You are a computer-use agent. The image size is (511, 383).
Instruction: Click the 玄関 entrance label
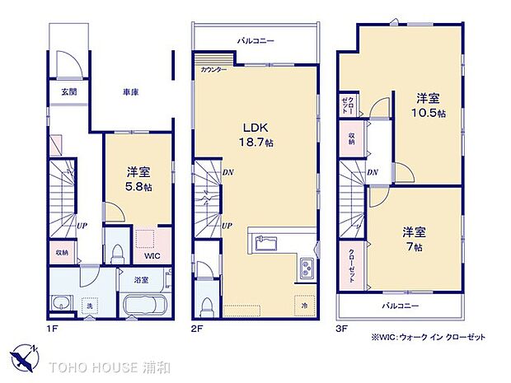coord(68,91)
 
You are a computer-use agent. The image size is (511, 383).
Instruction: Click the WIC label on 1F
coord(152,255)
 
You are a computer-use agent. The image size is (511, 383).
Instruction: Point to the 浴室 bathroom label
coord(141,280)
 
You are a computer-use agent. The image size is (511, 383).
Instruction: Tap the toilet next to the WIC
coord(116,249)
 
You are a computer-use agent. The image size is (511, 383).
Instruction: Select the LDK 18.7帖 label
coord(255,135)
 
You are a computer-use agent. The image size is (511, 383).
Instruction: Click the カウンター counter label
coord(214,70)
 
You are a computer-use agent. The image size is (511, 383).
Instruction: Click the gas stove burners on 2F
coord(306,267)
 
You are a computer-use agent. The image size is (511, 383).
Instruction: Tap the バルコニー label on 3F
coord(400,306)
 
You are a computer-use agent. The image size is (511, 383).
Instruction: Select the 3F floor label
coord(342,327)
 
